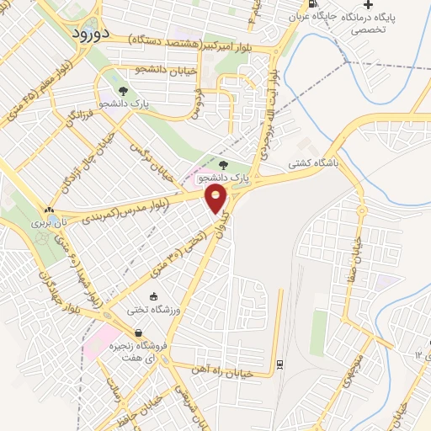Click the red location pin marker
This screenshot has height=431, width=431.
click(216, 198)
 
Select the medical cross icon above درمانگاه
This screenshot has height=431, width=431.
click(367, 5)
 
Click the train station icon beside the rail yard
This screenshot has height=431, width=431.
click(279, 364)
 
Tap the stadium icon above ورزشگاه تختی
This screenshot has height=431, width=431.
click(153, 296)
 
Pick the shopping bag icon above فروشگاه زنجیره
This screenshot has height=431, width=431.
click(150, 333)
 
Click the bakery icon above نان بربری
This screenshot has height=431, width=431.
click(49, 210)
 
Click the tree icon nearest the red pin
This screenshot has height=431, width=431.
click(223, 165)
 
